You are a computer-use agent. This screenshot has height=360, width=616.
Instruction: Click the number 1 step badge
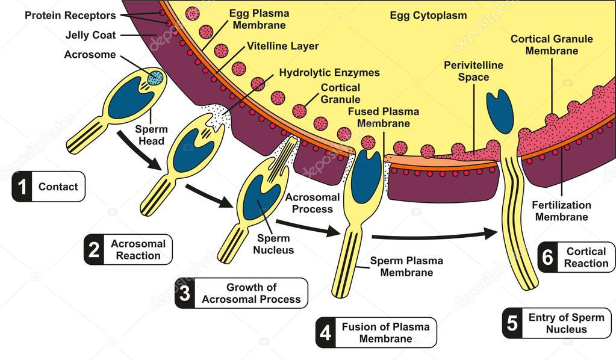[x=22, y=187]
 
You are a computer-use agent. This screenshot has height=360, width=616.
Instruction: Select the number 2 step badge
[x=93, y=250]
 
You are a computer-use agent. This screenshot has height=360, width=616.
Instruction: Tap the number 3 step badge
[x=185, y=293]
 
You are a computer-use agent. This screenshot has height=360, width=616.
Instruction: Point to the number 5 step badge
[x=512, y=323]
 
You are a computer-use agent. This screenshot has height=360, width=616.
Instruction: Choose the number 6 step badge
[x=547, y=258]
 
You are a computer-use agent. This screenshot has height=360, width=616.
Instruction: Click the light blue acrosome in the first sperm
[x=155, y=77]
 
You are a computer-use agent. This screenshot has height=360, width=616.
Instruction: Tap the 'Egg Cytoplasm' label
[x=428, y=16]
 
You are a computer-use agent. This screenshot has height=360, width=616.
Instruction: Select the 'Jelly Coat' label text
[x=91, y=35]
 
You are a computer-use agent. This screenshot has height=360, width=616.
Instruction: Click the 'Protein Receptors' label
[x=70, y=14]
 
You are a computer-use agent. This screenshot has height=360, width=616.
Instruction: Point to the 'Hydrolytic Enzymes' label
[x=329, y=73]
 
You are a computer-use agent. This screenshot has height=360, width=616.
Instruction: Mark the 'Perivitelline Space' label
[x=473, y=71]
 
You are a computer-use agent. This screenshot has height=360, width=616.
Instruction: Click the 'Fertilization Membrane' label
[x=561, y=211]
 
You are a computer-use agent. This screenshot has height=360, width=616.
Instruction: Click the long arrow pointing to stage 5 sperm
[x=434, y=235]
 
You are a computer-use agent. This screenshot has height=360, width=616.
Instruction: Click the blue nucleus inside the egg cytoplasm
[x=499, y=111]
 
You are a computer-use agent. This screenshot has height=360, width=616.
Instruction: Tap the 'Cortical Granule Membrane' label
[x=551, y=45]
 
